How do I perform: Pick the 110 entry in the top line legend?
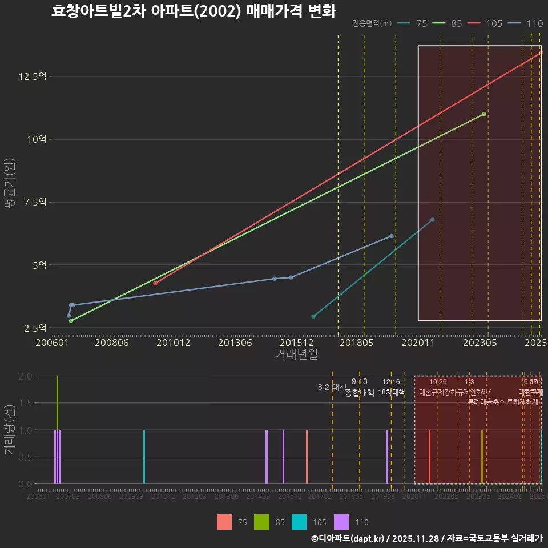click(526, 23)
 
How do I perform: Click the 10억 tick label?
click(38, 139)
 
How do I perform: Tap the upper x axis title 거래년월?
click(296, 354)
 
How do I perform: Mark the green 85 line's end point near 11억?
click(483, 114)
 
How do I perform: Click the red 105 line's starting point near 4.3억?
click(155, 283)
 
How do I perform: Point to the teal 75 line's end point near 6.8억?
click(432, 220)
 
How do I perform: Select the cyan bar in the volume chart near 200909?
click(144, 457)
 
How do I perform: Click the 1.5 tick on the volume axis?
click(25, 403)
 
